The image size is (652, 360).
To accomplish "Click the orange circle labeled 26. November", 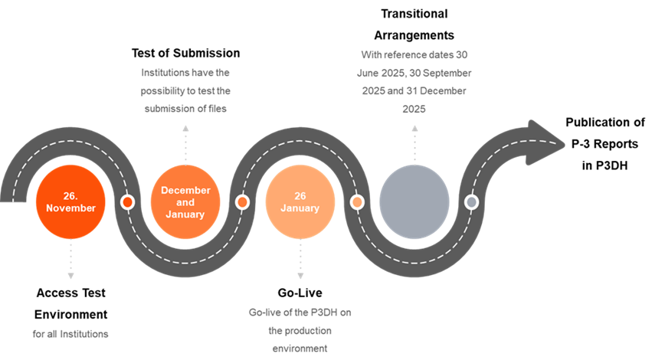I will tap(70, 202).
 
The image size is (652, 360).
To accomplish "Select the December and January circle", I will tap(185, 202).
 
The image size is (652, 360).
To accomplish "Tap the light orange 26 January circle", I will tap(300, 202).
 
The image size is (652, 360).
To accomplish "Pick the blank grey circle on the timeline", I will tap(414, 202).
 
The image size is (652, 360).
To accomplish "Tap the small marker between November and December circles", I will tap(128, 202).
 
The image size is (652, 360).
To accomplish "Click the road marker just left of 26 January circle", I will tap(242, 202).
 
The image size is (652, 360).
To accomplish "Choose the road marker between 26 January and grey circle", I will tap(357, 202).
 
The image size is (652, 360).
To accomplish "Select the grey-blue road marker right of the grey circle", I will tap(472, 202).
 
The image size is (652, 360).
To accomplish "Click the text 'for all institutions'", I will tap(70, 334).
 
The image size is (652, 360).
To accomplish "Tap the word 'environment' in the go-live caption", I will tap(300, 349).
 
